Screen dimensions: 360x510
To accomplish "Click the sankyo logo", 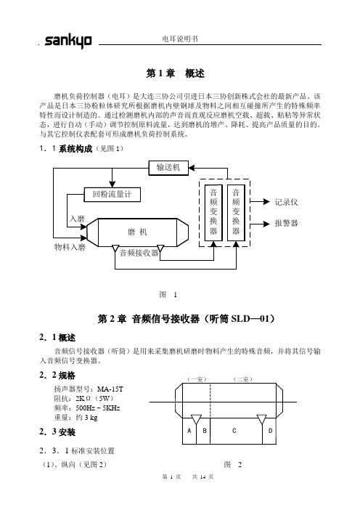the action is tap(68, 41).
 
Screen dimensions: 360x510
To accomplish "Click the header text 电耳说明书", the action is tap(180, 39).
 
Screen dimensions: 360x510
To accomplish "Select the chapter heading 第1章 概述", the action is tap(175, 73).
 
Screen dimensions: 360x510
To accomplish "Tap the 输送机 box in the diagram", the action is tap(168, 168).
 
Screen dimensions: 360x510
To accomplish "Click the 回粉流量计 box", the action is tap(112, 195).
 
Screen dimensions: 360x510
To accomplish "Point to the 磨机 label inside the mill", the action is tap(137, 232).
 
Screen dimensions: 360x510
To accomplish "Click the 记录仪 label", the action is tap(286, 202).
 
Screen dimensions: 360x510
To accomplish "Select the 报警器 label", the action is tap(286, 223).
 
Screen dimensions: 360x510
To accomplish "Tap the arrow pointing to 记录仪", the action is tap(260, 202).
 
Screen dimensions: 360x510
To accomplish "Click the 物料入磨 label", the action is tap(70, 247).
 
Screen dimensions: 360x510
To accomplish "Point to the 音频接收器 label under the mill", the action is tap(139, 253).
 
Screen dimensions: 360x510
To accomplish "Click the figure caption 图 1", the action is tap(168, 295).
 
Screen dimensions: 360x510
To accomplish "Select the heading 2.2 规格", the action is tap(57, 376).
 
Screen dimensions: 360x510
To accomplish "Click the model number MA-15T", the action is tap(110, 389).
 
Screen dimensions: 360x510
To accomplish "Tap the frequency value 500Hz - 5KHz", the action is tap(98, 408).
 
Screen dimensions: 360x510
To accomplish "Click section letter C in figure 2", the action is tap(234, 431).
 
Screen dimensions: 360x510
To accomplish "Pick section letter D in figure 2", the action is tap(270, 431).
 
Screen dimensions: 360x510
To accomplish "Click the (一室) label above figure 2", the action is tap(197, 379).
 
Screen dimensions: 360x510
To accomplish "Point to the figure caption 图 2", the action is tap(233, 465).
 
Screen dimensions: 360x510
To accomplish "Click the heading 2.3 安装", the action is tap(57, 432).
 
